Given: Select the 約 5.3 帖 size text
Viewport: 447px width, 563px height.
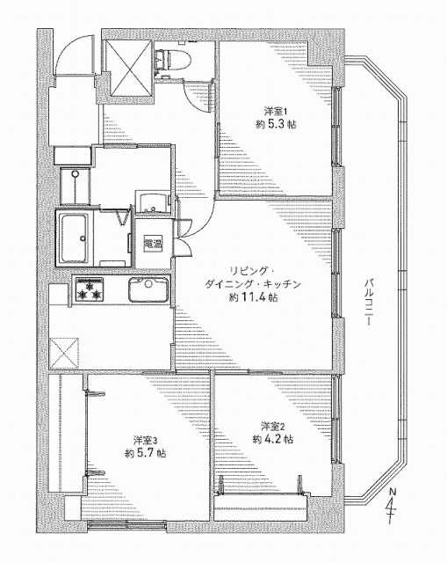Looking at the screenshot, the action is (x=276, y=125).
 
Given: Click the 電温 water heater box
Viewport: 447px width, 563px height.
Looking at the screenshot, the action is (x=153, y=245).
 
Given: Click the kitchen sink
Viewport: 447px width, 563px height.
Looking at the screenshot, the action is (x=148, y=290).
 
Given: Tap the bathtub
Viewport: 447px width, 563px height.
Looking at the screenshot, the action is (x=75, y=238).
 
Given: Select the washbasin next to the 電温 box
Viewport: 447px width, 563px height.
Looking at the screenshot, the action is (x=152, y=203).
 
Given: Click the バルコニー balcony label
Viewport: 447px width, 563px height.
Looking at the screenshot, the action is (x=368, y=301).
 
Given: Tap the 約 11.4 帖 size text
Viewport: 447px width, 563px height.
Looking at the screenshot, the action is (x=254, y=297).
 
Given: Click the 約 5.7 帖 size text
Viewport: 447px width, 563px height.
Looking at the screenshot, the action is (x=145, y=453).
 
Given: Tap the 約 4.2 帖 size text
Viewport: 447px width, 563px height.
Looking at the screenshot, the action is (x=272, y=439).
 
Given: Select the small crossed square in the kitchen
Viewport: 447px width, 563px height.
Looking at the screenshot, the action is (x=64, y=353).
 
